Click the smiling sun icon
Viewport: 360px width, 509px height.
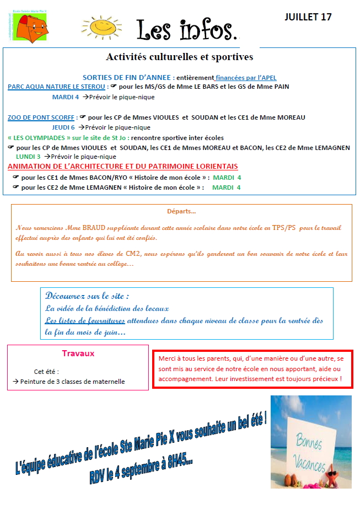106,26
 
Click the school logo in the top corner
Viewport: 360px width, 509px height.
31,26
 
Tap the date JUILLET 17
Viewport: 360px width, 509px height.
308,17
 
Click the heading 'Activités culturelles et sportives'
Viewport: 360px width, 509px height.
179,57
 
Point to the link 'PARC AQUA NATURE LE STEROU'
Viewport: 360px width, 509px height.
56,87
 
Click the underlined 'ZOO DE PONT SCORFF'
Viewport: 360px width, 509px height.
41,117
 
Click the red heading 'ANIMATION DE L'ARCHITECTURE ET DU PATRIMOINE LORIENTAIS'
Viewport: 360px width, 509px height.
123,167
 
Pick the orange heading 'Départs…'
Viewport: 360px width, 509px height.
181,211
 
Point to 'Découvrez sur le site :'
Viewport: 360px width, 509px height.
88,296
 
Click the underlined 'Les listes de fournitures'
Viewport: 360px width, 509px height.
85,320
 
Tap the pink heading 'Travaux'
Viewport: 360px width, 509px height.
78,353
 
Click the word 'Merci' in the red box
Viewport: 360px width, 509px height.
166,358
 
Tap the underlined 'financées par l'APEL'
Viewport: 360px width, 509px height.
246,78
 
